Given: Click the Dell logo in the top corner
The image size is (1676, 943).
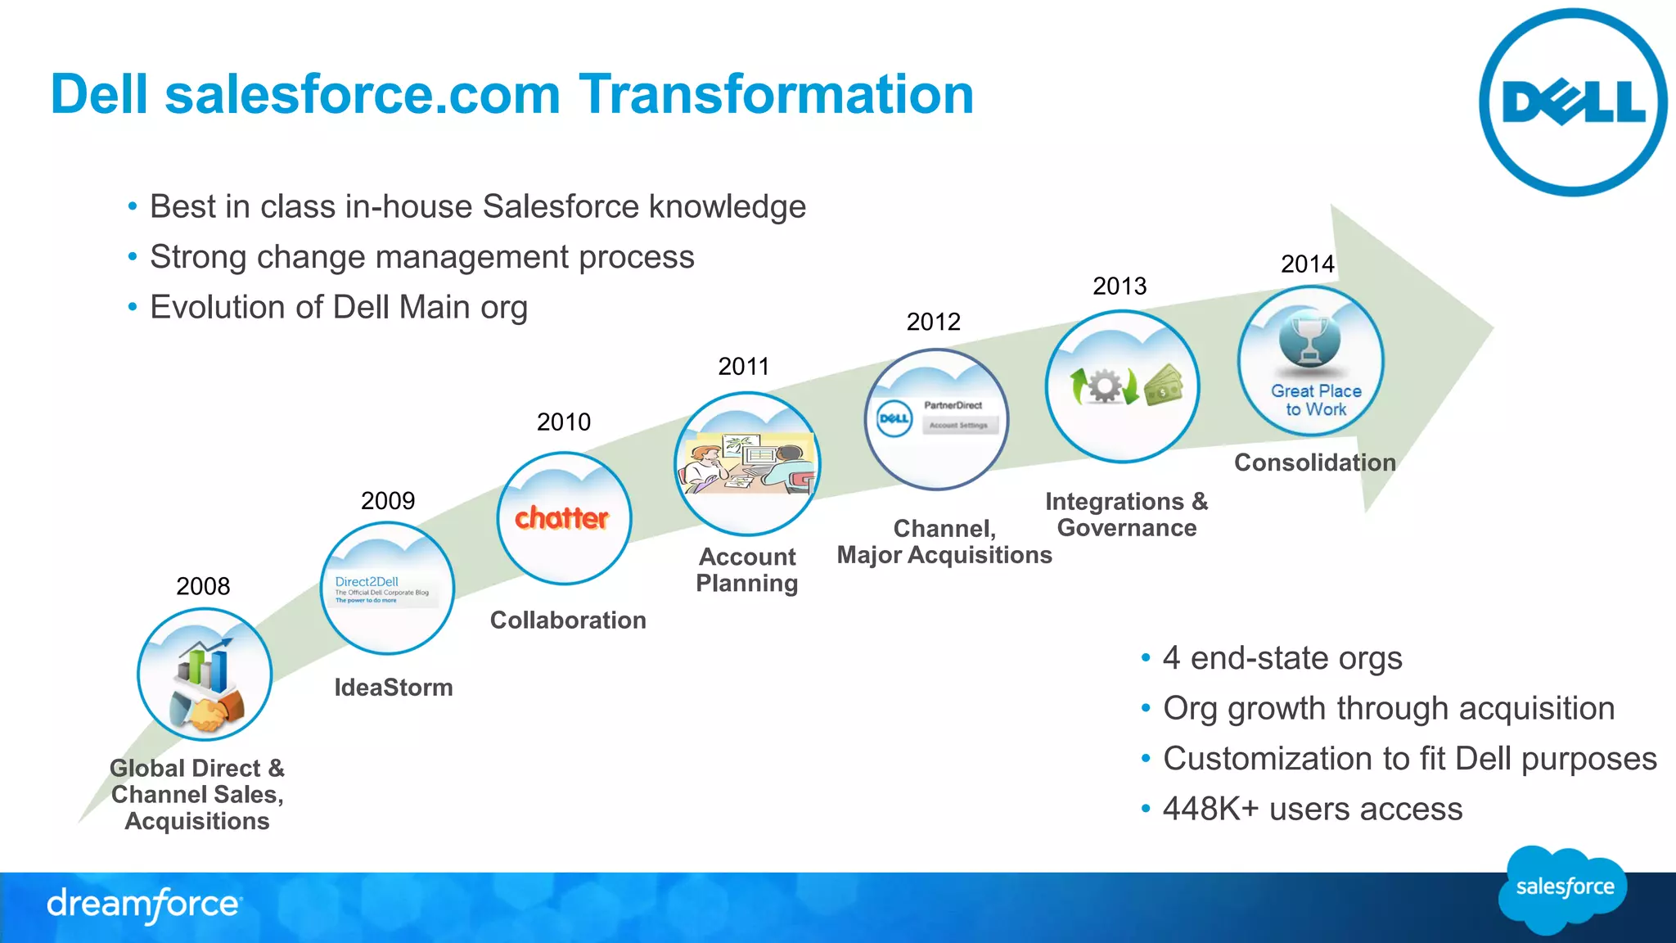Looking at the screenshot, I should pyautogui.click(x=1572, y=102).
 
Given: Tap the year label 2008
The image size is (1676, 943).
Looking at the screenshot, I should pyautogui.click(x=203, y=586).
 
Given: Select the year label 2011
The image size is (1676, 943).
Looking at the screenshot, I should pyautogui.click(x=743, y=366).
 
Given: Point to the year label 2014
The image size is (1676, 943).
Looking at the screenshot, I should pyautogui.click(x=1307, y=264).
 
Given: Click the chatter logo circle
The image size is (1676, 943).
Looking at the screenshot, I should pyautogui.click(x=563, y=518).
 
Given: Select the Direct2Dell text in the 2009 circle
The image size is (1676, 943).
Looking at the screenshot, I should pyautogui.click(x=367, y=581).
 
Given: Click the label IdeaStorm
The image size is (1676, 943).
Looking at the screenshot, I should pyautogui.click(x=393, y=688).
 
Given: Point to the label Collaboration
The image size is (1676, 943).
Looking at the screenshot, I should pyautogui.click(x=568, y=620).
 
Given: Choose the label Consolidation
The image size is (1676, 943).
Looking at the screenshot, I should pyautogui.click(x=1314, y=462).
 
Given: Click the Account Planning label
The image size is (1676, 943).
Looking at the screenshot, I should pyautogui.click(x=746, y=570).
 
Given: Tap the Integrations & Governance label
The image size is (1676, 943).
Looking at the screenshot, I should pyautogui.click(x=1126, y=515).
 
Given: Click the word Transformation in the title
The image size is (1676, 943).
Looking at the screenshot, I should pyautogui.click(x=776, y=94).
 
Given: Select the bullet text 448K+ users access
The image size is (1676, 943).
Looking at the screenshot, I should pyautogui.click(x=1312, y=809).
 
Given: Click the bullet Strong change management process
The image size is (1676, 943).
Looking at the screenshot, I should pyautogui.click(x=421, y=257).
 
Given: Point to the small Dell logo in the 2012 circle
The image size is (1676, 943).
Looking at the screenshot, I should pyautogui.click(x=894, y=418).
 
